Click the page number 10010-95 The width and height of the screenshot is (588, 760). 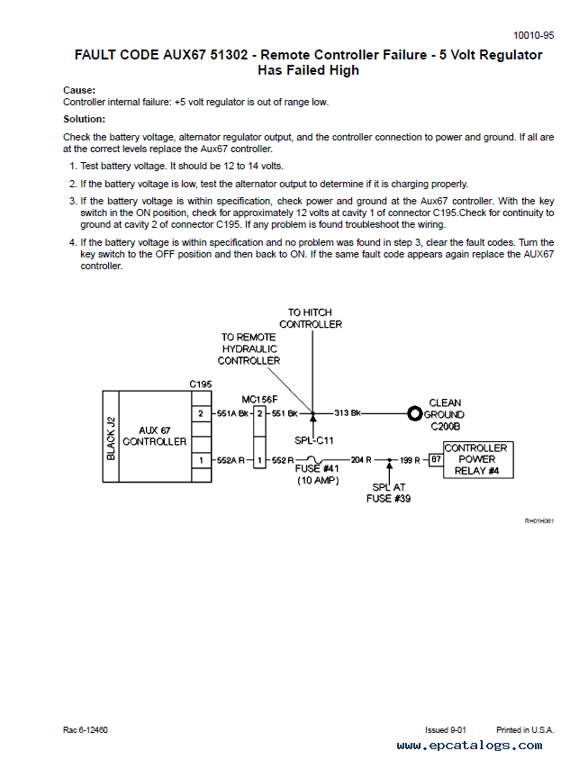[533, 35]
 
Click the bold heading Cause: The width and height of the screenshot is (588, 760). [79, 90]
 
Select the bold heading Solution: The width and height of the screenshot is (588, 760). [84, 119]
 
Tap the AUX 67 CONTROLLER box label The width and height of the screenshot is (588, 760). [155, 436]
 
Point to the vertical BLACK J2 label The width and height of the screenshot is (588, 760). [111, 439]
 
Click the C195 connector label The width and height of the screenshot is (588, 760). [200, 385]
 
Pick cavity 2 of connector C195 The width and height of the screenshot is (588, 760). [201, 413]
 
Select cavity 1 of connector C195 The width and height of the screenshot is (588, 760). [201, 460]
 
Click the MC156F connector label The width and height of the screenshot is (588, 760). [260, 400]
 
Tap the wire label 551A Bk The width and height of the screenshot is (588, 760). [232, 413]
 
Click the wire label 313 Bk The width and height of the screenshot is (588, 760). [348, 413]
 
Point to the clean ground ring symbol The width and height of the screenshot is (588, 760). [414, 414]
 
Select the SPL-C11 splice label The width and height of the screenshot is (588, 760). [314, 440]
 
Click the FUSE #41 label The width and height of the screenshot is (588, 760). [317, 469]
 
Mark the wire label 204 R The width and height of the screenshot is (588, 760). [361, 460]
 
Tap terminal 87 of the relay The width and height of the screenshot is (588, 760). [437, 459]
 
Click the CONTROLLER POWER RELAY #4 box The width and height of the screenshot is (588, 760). [478, 459]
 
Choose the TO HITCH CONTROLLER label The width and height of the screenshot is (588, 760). [311, 319]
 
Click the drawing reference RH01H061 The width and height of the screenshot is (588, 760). [539, 521]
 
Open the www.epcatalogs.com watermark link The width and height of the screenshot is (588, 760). [469, 745]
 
